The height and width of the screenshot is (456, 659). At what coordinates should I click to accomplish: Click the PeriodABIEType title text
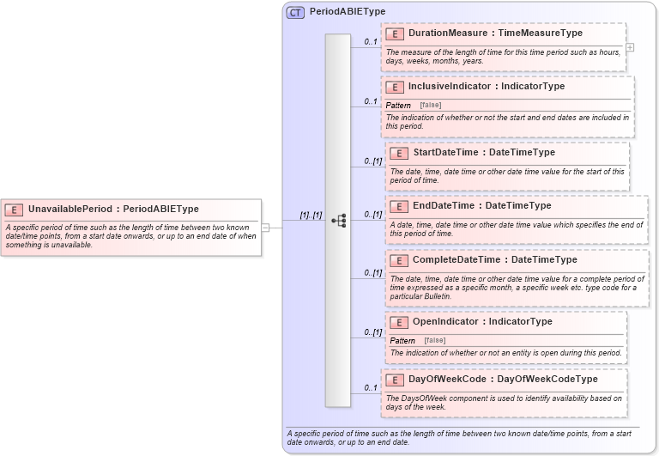pyautogui.click(x=348, y=12)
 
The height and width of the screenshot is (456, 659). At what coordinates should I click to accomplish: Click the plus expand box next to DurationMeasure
pyautogui.click(x=630, y=47)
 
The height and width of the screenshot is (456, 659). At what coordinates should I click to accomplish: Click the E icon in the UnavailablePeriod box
pyautogui.click(x=14, y=209)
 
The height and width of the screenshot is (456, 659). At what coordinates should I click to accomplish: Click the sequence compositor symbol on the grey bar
pyautogui.click(x=338, y=221)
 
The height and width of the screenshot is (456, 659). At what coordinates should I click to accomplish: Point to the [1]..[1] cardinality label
pyautogui.click(x=310, y=215)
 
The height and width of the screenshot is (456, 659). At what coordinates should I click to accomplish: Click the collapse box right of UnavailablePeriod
pyautogui.click(x=266, y=228)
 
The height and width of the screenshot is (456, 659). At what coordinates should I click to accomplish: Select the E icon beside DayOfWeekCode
pyautogui.click(x=395, y=379)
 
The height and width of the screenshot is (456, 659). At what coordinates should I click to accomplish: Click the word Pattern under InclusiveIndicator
pyautogui.click(x=398, y=105)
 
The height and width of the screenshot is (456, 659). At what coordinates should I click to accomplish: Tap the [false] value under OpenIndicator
pyautogui.click(x=434, y=340)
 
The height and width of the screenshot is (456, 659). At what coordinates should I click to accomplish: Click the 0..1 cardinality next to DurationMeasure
pyautogui.click(x=371, y=41)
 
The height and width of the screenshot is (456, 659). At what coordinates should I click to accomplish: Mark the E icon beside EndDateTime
pyautogui.click(x=399, y=206)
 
